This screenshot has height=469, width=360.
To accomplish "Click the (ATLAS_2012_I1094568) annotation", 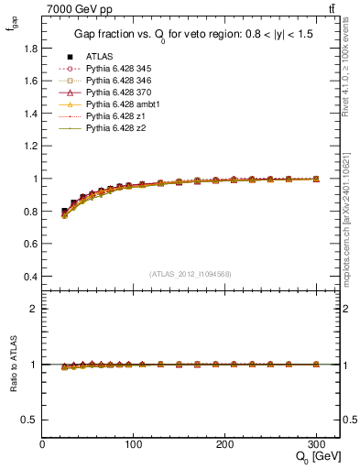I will (191, 272).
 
